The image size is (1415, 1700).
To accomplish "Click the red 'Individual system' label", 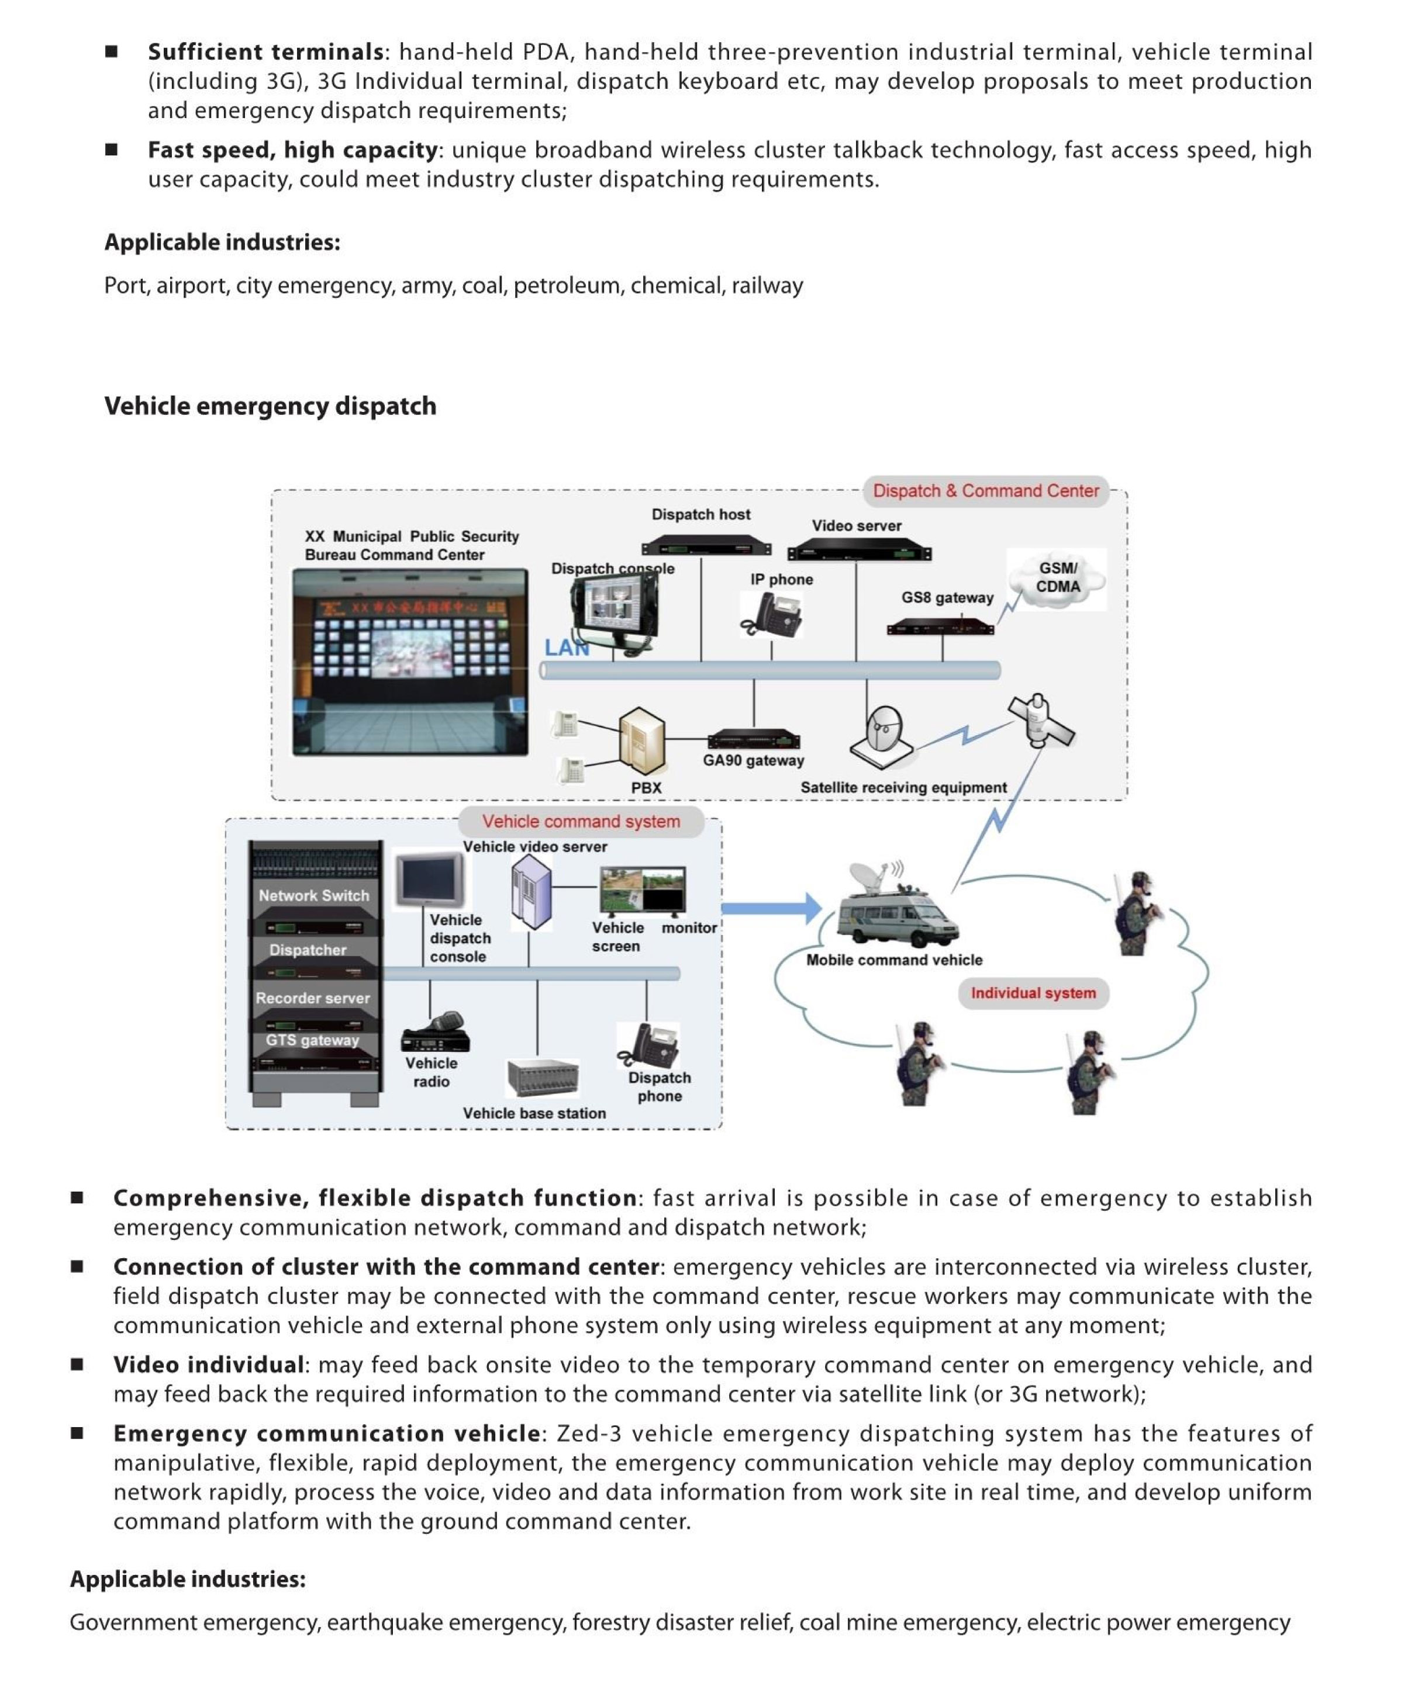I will coord(1033,993).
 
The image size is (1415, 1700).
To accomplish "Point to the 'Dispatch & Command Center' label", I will coord(985,490).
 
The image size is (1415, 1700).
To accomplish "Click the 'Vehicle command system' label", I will coord(581,821).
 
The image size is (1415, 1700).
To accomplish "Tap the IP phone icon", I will coord(771,614).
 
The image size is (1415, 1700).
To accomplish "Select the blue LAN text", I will coord(566,648).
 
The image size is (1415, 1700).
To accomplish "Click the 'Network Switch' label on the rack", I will coord(313,895).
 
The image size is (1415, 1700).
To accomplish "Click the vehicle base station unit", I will coord(542,1078).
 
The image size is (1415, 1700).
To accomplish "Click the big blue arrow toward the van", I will coord(771,908).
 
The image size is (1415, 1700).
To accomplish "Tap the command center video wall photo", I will coord(410,662).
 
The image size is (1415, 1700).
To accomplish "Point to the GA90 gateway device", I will coord(753,740).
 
